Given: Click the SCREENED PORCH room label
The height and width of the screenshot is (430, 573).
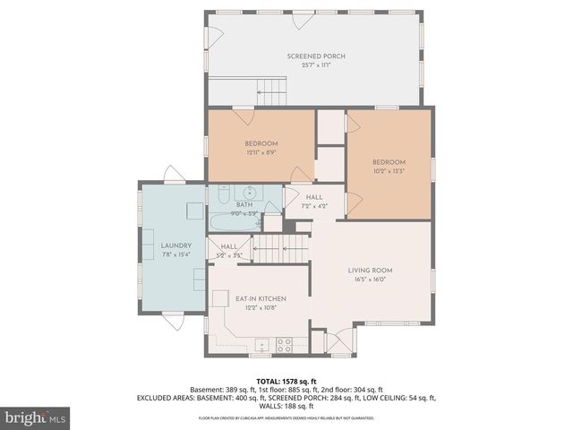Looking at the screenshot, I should click(x=316, y=56).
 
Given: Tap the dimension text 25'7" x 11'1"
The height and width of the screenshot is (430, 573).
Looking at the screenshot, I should click(x=316, y=65).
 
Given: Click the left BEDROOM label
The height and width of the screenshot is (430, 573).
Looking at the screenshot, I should click(x=261, y=143).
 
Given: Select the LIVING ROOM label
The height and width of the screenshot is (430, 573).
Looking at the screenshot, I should click(x=370, y=270).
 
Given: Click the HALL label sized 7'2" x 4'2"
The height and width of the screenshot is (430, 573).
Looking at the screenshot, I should click(x=314, y=197).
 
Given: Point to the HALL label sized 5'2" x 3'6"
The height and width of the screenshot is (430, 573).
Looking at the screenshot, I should click(x=229, y=246).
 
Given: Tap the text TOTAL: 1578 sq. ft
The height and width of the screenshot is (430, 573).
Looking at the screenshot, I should click(x=286, y=381).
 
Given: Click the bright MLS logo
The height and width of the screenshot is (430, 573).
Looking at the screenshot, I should click(x=36, y=417).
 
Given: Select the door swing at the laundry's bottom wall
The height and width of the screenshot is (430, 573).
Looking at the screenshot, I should click(x=173, y=319).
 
